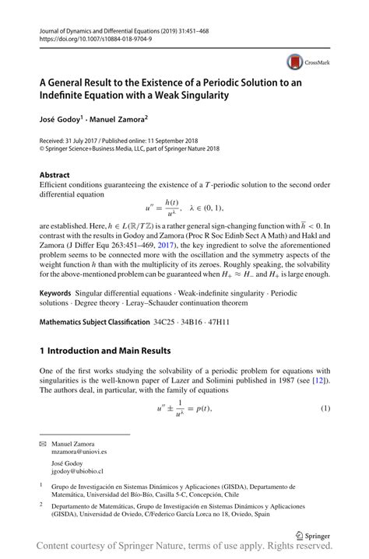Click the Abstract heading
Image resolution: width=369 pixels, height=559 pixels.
click(x=54, y=175)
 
